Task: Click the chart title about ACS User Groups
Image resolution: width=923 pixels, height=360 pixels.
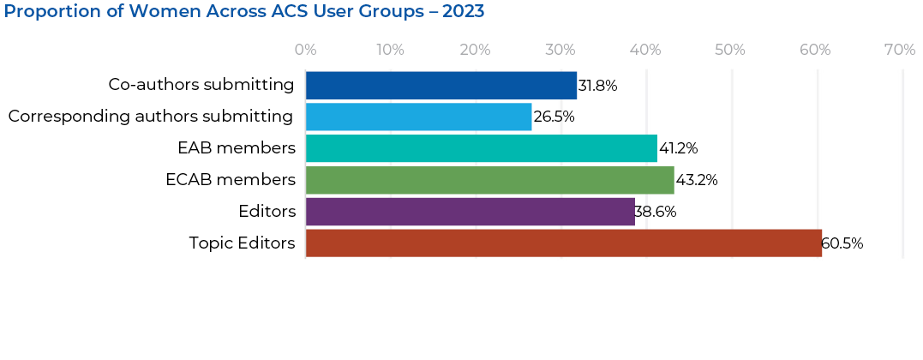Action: pyautogui.click(x=244, y=12)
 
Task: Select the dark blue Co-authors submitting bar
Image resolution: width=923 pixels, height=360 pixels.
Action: pyautogui.click(x=441, y=85)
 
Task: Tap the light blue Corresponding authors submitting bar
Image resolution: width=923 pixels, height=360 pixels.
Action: pyautogui.click(x=418, y=117)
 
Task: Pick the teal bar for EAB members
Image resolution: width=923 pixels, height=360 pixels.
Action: pyautogui.click(x=481, y=148)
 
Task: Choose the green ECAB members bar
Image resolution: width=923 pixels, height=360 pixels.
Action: pyautogui.click(x=489, y=180)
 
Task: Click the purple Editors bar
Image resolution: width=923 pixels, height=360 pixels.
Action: pyautogui.click(x=470, y=212)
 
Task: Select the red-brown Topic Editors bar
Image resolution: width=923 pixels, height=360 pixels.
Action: pyautogui.click(x=563, y=243)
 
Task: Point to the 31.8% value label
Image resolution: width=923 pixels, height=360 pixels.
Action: pyautogui.click(x=597, y=86)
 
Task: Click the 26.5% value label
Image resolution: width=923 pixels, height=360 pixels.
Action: pyautogui.click(x=554, y=117)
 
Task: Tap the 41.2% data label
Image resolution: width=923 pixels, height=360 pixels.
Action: pyautogui.click(x=678, y=149)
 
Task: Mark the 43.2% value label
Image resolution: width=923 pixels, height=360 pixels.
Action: pyautogui.click(x=696, y=181)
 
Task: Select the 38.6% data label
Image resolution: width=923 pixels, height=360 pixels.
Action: pyautogui.click(x=656, y=213)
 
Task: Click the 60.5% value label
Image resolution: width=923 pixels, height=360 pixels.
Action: pyautogui.click(x=842, y=244)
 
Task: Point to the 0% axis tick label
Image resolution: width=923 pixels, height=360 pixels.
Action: pyautogui.click(x=306, y=50)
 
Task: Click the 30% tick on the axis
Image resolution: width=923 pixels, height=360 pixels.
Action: pyautogui.click(x=560, y=50)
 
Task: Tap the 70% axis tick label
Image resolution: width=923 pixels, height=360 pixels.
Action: pyautogui.click(x=899, y=50)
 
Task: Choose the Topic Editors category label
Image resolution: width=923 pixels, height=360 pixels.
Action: pyautogui.click(x=242, y=243)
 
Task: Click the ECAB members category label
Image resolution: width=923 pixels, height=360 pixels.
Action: pyautogui.click(x=231, y=180)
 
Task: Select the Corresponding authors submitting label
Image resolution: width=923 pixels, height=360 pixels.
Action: pyautogui.click(x=151, y=117)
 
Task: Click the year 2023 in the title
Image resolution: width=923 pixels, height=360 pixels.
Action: pyautogui.click(x=463, y=12)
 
